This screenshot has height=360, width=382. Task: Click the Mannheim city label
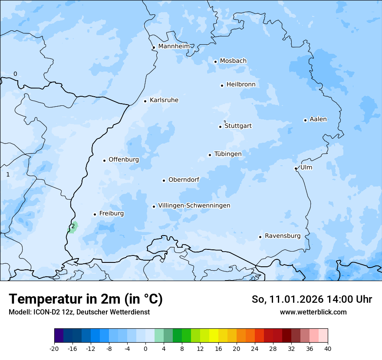174,46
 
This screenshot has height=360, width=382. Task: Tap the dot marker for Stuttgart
220,127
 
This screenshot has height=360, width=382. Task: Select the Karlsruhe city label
164,100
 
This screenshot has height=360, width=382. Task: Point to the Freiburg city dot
95,214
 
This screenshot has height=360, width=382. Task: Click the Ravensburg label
282,236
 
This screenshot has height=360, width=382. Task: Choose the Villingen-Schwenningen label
194,206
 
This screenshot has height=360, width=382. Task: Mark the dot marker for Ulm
296,168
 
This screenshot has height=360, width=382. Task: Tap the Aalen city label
318,119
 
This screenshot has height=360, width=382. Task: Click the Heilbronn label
241,85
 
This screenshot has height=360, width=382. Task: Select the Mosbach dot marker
215,62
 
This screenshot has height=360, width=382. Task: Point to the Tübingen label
227,154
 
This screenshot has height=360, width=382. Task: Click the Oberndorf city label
184,180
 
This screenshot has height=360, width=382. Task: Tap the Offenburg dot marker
104,160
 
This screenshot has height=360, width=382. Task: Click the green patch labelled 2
72,227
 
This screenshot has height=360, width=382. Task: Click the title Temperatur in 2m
86,299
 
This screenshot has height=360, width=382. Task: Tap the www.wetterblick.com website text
313,312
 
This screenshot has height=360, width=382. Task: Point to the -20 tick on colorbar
54,349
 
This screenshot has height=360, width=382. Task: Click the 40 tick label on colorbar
328,349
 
